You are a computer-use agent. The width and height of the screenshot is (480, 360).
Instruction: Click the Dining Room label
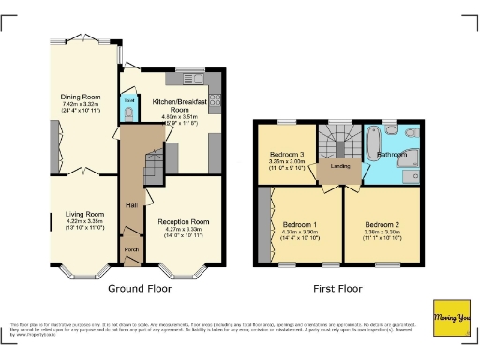(x=82, y=97)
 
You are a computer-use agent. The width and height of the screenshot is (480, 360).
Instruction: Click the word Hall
(x=133, y=205)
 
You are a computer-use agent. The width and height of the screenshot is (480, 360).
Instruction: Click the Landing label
(x=335, y=169)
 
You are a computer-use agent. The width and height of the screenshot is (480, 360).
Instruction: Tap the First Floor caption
(x=336, y=288)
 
